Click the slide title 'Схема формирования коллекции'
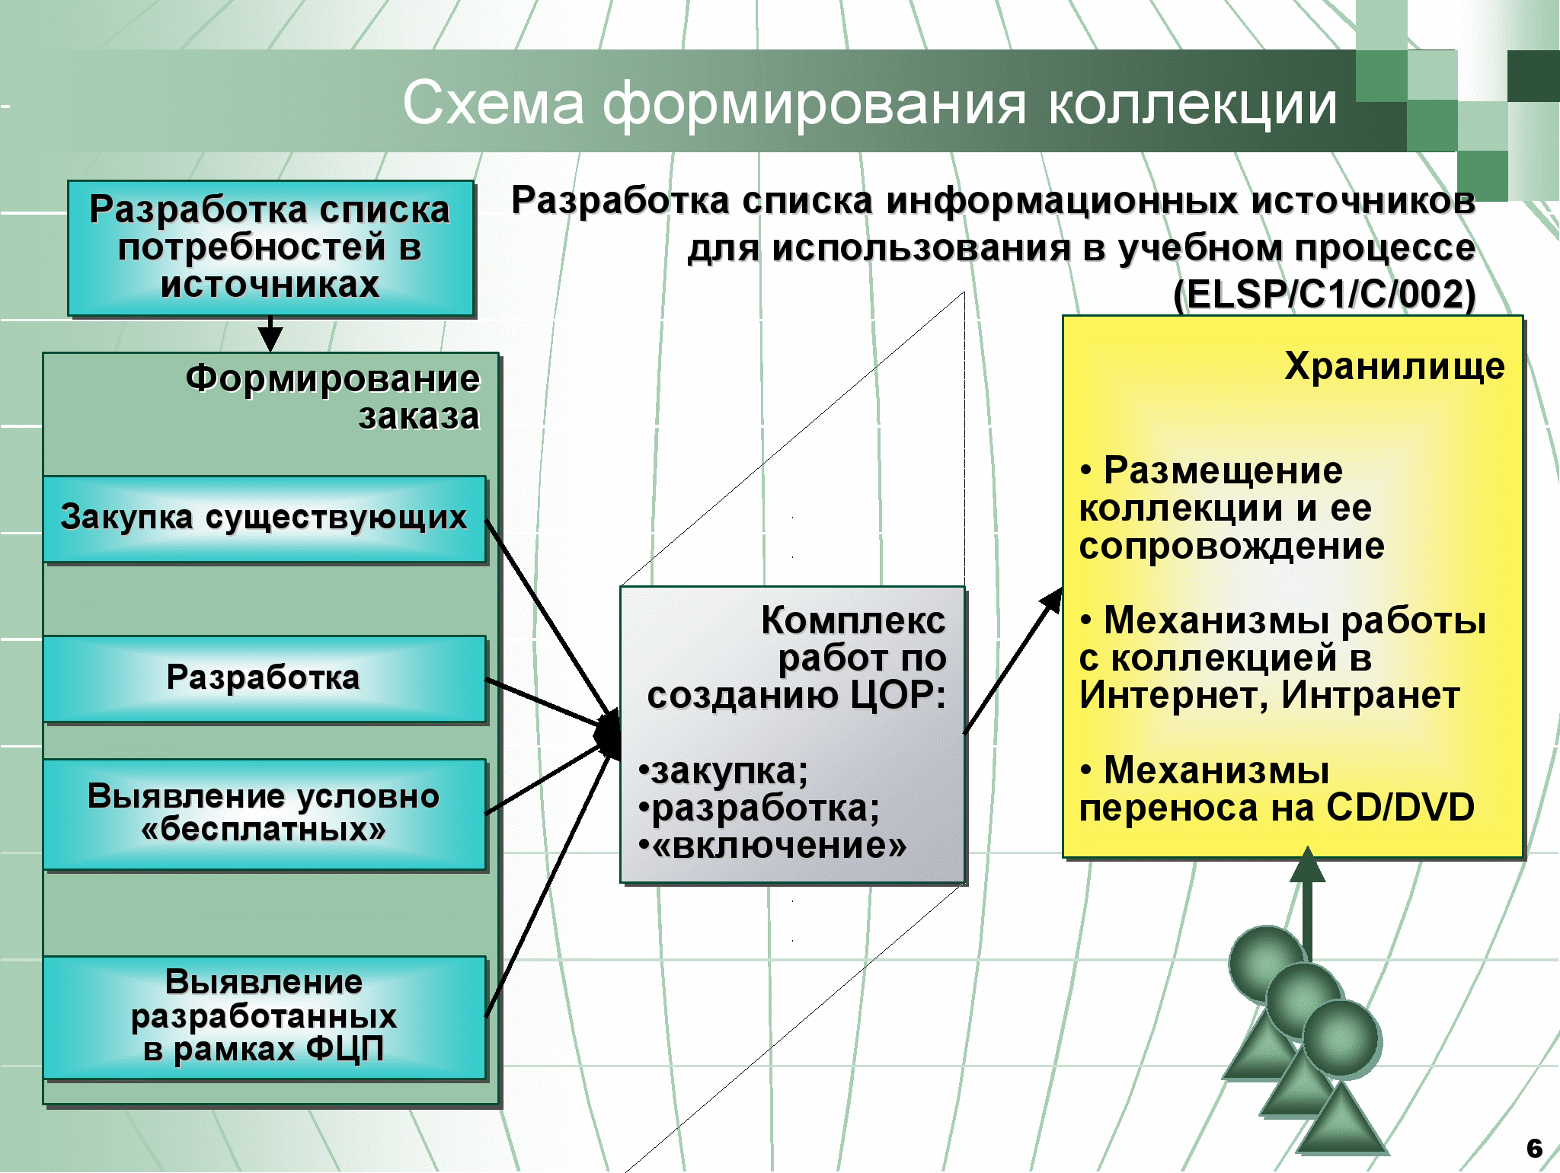tap(869, 104)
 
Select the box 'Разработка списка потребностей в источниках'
tap(270, 248)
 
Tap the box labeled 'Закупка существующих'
tap(264, 519)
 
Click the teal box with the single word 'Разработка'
tap(264, 678)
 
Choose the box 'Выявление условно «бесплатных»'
tap(264, 814)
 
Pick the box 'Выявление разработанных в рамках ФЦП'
tap(264, 1017)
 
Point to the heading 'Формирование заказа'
tap(333, 397)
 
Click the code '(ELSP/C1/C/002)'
tap(1325, 294)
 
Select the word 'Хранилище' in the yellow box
tap(1395, 366)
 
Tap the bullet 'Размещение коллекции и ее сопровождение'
tap(1232, 508)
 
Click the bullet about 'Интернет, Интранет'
tap(1283, 658)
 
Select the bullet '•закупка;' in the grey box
tap(723, 771)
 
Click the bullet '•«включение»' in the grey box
tap(772, 845)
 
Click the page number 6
tap(1534, 1148)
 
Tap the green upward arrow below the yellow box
tap(1307, 906)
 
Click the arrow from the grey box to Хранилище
tap(1013, 660)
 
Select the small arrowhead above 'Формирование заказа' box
tap(270, 339)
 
